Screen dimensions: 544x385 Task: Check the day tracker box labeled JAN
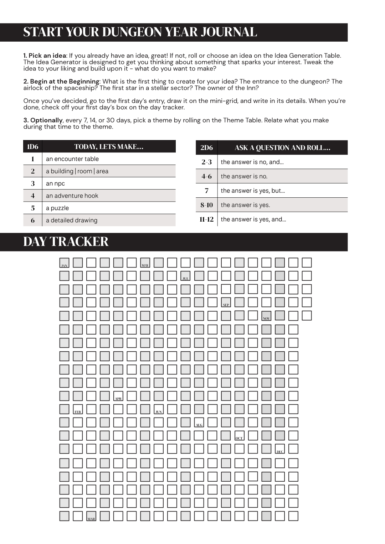tap(64, 263)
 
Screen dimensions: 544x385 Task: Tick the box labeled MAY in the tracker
tap(145, 263)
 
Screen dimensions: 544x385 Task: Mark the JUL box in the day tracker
tap(185, 276)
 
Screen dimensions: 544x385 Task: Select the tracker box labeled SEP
tap(226, 302)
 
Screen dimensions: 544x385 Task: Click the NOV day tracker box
tap(266, 316)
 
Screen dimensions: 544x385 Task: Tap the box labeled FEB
tap(78, 409)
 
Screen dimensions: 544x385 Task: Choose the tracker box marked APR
tap(118, 396)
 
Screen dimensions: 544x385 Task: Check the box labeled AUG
tap(199, 423)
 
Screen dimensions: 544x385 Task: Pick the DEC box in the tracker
tap(280, 449)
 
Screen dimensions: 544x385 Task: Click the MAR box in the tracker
tap(91, 516)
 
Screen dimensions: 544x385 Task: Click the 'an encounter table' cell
tap(72, 159)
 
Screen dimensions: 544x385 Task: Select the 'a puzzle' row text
tap(57, 208)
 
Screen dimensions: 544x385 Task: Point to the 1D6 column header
tap(33, 146)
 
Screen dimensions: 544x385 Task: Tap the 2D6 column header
tap(206, 147)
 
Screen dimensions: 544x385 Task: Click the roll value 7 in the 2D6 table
tap(206, 191)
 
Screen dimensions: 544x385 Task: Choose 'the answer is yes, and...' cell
tap(253, 219)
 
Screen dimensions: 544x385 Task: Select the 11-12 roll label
tap(206, 219)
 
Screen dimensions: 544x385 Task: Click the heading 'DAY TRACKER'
tap(66, 242)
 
